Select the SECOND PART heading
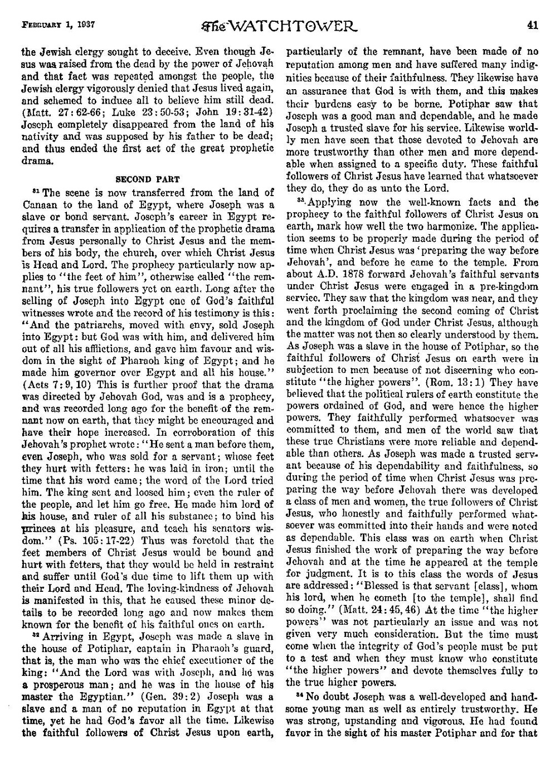(x=147, y=179)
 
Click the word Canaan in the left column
(x=38, y=204)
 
